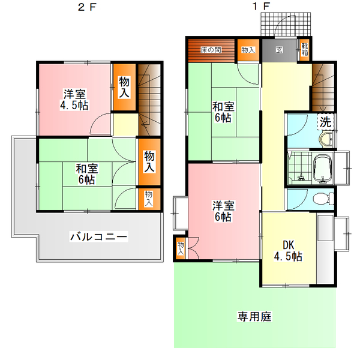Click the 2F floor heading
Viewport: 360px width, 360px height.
[x=87, y=7]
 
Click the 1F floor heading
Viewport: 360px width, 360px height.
[x=261, y=7]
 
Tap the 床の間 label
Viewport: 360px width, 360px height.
[x=211, y=50]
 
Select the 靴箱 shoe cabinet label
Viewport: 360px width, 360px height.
[x=305, y=49]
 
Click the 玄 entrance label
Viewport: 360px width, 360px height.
[x=279, y=50]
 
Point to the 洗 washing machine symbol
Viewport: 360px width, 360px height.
[x=326, y=122]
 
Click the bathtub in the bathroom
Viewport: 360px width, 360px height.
[x=323, y=169]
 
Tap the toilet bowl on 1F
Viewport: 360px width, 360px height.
[x=323, y=199]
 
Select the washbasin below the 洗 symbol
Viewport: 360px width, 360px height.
[x=326, y=139]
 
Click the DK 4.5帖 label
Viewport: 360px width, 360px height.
[x=288, y=251]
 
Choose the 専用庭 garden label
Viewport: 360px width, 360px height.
[x=254, y=316]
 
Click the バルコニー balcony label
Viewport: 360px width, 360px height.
[x=99, y=236]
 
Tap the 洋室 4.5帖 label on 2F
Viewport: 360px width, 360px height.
[x=74, y=100]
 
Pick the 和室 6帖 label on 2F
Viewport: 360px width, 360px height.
[x=87, y=174]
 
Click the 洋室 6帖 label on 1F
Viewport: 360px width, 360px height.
[x=223, y=211]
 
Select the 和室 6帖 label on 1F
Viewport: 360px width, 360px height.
[x=223, y=112]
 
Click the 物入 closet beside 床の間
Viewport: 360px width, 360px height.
[x=248, y=50]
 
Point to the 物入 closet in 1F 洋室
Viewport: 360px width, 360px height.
[x=181, y=248]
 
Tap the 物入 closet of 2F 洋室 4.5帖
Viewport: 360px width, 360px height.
[x=124, y=87]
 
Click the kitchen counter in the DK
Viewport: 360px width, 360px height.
[x=325, y=248]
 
